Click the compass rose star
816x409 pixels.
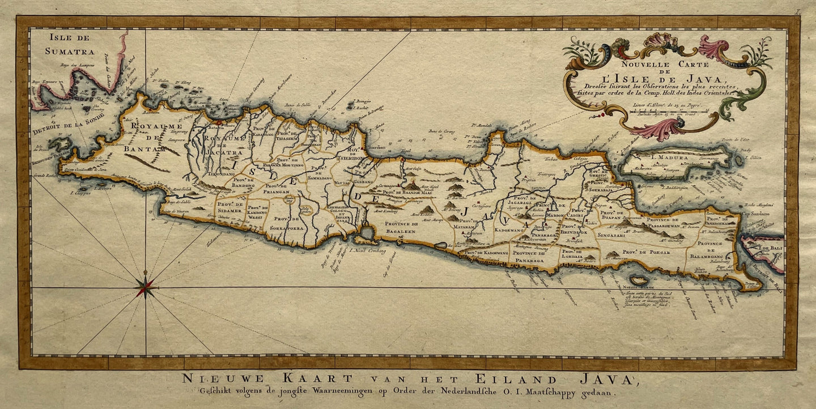146,288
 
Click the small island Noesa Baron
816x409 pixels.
639,280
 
